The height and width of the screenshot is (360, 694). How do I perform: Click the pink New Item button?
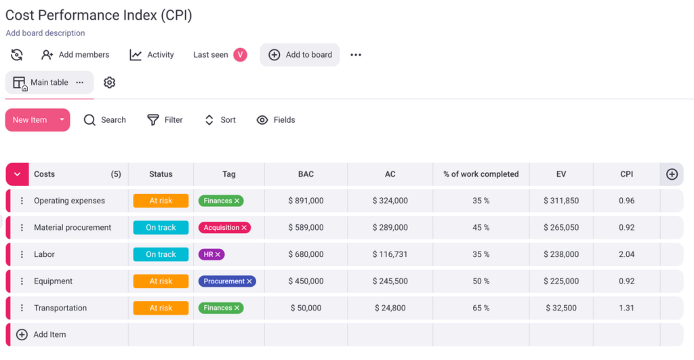(x=30, y=120)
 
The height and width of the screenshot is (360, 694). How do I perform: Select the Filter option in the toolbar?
(x=165, y=120)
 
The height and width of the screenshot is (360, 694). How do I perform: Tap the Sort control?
(x=220, y=120)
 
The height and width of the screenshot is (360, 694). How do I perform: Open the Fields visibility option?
(x=276, y=120)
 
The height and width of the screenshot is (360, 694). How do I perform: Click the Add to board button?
(x=300, y=55)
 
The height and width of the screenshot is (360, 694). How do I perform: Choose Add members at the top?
(x=75, y=55)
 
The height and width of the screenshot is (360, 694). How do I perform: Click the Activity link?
(x=152, y=55)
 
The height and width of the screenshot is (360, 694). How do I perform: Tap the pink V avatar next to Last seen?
(x=240, y=55)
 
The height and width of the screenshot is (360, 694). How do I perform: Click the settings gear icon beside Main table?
(x=109, y=83)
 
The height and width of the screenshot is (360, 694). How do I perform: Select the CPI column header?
(x=626, y=174)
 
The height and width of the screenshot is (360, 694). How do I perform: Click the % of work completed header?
(x=481, y=174)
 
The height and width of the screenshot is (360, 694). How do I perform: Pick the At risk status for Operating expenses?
(x=161, y=201)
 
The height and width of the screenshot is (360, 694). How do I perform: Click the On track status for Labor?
(x=161, y=254)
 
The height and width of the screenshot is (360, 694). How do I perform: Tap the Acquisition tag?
(x=224, y=228)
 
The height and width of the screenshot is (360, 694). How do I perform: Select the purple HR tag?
(x=211, y=254)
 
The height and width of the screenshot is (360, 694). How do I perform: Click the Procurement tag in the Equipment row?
(x=227, y=281)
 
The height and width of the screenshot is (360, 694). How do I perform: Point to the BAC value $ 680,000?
(x=306, y=254)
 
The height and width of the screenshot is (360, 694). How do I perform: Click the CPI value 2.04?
(x=626, y=254)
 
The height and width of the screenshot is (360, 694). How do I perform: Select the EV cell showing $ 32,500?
(x=561, y=308)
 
